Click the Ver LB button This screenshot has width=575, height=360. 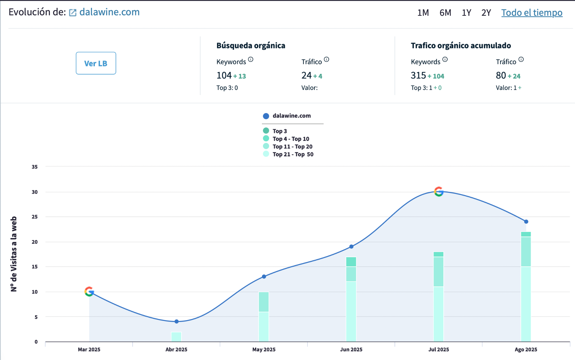(x=96, y=63)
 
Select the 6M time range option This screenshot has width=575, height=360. (x=445, y=13)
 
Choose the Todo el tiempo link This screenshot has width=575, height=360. (x=532, y=13)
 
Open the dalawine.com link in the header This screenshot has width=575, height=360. (x=109, y=12)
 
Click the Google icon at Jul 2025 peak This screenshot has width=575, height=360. (x=439, y=191)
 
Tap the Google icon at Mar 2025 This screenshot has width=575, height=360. (x=89, y=291)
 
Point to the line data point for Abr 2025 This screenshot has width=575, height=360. (x=177, y=321)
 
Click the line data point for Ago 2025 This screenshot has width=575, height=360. (x=526, y=222)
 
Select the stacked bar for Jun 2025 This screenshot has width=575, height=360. (x=351, y=299)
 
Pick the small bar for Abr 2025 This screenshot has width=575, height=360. (x=176, y=337)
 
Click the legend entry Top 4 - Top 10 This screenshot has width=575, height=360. (x=290, y=139)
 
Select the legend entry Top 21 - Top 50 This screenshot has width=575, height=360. (x=292, y=154)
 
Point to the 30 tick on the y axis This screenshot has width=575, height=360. (x=34, y=192)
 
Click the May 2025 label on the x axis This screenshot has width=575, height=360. (x=264, y=349)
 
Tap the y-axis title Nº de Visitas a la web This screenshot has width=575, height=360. (x=13, y=254)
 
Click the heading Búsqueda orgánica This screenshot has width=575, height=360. (x=251, y=46)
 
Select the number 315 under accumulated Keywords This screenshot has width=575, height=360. (x=418, y=76)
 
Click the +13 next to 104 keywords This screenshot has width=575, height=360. (x=240, y=76)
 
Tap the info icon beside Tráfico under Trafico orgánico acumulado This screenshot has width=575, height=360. (x=521, y=59)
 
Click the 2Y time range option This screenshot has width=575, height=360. (x=486, y=13)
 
